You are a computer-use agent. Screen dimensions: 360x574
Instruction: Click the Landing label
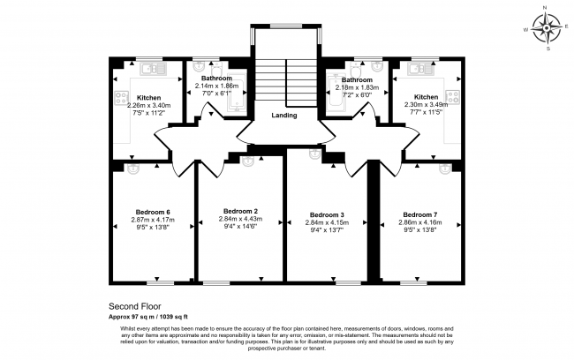pyautogui.click(x=283, y=116)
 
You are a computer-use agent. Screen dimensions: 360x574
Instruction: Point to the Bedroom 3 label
pyautogui.click(x=327, y=214)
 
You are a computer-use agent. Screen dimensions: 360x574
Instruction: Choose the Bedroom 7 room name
pyautogui.click(x=418, y=214)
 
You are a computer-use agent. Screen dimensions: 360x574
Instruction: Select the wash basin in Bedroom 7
pyautogui.click(x=445, y=167)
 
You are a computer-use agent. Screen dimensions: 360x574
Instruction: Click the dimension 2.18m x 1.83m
pyautogui.click(x=355, y=88)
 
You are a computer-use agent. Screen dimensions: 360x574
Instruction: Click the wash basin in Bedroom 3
pyautogui.click(x=313, y=154)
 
